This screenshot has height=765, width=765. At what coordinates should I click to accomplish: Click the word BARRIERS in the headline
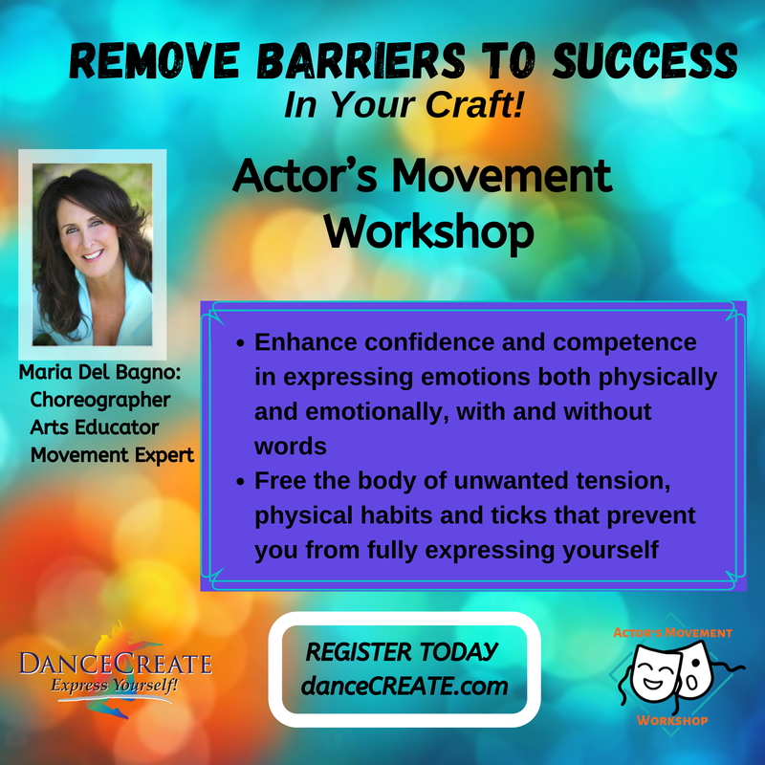click(361, 60)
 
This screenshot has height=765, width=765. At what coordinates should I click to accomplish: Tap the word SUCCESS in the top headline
click(645, 60)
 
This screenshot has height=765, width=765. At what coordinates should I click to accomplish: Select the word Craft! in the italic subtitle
click(474, 104)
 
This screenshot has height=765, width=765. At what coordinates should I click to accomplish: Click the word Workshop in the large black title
click(428, 232)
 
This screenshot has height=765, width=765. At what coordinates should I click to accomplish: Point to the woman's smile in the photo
click(92, 254)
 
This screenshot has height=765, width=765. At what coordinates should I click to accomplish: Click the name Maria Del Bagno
click(99, 372)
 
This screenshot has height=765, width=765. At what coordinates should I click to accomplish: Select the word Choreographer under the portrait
click(100, 400)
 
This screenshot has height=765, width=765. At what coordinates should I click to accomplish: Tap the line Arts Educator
click(94, 427)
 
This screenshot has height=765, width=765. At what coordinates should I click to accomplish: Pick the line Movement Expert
click(112, 455)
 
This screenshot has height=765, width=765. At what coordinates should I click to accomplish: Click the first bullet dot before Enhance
click(240, 343)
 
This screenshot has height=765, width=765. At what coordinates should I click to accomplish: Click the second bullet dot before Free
click(240, 482)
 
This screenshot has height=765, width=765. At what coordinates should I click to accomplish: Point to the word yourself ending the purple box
click(610, 551)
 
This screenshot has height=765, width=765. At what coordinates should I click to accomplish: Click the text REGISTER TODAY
click(401, 652)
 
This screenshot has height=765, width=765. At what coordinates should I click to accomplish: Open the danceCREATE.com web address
click(404, 686)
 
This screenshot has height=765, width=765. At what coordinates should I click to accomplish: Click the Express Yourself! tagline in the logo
click(114, 686)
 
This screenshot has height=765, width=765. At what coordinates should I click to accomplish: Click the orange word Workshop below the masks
click(672, 721)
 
